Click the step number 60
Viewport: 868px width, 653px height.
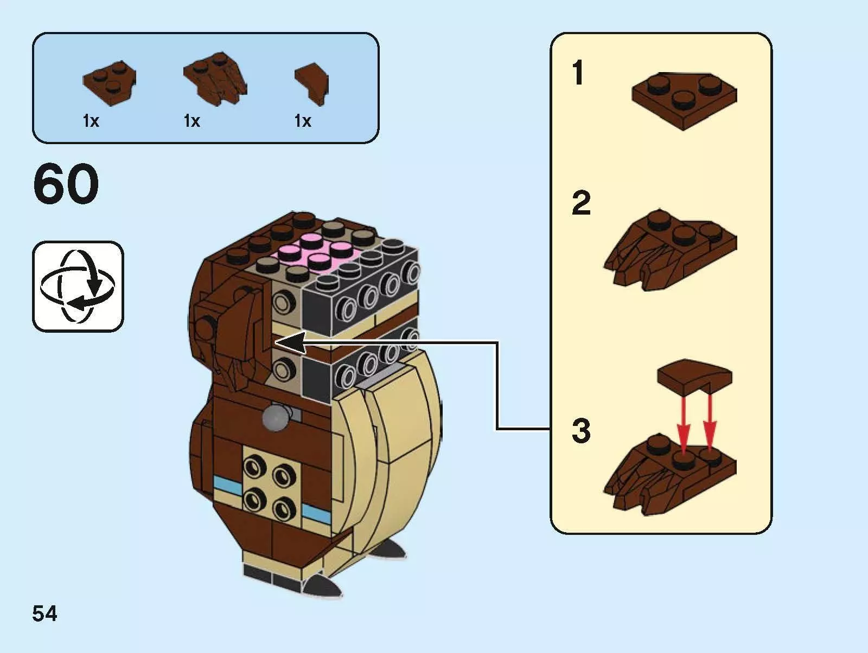click(x=66, y=184)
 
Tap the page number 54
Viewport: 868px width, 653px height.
click(x=44, y=613)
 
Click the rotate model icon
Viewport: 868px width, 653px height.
click(x=78, y=286)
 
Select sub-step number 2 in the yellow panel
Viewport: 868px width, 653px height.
click(x=581, y=203)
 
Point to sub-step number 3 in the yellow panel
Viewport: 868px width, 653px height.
click(x=581, y=431)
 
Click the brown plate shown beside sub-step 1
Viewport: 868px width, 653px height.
click(x=684, y=99)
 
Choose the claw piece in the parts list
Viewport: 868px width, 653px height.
click(x=215, y=80)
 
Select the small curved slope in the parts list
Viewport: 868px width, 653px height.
click(x=311, y=81)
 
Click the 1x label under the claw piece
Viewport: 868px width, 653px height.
click(x=192, y=121)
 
